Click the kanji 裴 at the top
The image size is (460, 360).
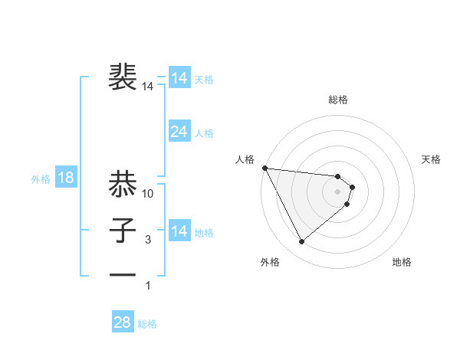tap(122, 77)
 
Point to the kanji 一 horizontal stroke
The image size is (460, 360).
tap(122, 273)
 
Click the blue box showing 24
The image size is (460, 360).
tap(179, 132)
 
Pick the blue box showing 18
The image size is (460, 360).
tap(66, 178)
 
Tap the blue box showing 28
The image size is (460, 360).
tap(122, 322)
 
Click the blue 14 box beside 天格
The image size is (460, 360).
tap(179, 78)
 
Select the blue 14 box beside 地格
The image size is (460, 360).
tap(179, 231)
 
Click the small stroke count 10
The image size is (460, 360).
tap(149, 195)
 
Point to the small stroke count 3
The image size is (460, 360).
tap(149, 241)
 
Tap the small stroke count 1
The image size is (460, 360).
tap(149, 286)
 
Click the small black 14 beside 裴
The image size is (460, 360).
tap(148, 87)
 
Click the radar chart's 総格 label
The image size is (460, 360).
tap(338, 100)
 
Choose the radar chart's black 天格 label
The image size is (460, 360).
tap(432, 159)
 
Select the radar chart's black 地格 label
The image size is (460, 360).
tap(402, 262)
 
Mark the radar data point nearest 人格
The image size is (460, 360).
tap(264, 168)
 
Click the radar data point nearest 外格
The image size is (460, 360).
tap(301, 242)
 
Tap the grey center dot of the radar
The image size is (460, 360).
tap(338, 191)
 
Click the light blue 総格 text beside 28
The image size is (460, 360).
tap(147, 324)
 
